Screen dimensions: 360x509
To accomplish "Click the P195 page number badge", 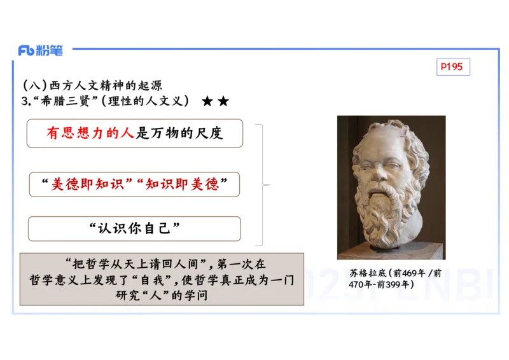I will tap(453, 67).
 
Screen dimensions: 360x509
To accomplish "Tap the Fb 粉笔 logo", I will tap(40, 51).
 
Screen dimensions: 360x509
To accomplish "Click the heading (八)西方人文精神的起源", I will tap(97, 86).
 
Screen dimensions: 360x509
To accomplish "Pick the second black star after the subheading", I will tap(223, 101).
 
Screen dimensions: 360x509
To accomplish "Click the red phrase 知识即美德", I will tap(182, 184).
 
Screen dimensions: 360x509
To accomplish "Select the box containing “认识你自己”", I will tap(134, 228).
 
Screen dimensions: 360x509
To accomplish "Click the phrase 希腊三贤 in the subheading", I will tap(64, 101).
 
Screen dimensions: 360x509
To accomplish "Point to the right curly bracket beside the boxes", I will tap(262, 185).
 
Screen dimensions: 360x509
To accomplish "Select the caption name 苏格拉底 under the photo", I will tap(368, 273).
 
